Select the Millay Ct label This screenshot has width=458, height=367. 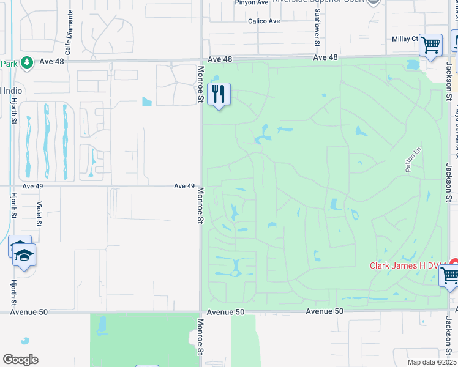coord(405,39)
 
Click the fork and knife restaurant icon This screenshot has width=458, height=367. coord(219,94)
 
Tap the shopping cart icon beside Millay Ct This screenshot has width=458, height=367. coord(430,45)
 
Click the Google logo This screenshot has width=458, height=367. coord(20,360)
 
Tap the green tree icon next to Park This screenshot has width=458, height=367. coord(26,62)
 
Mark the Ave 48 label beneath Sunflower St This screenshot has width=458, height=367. coord(325,57)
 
